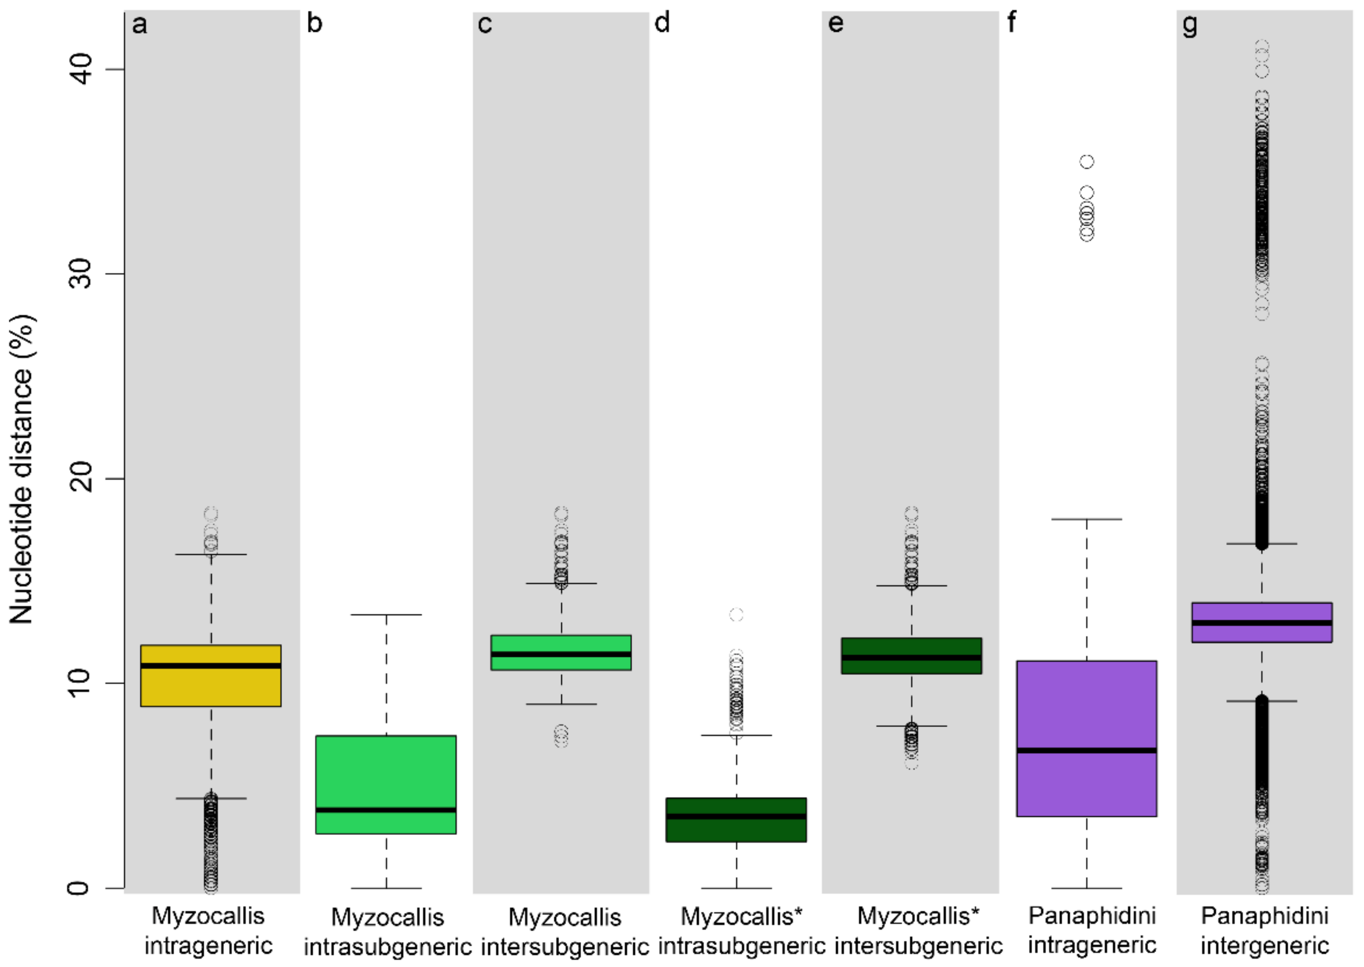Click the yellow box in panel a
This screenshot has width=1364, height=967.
coord(211,676)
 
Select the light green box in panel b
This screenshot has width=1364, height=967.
coord(386,784)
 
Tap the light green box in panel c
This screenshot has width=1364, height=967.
coord(561,653)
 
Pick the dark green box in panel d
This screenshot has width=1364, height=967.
coord(736,820)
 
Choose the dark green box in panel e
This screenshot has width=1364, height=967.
coord(911,655)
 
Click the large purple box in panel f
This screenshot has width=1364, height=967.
coord(1086,738)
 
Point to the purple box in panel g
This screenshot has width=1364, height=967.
coord(1262,622)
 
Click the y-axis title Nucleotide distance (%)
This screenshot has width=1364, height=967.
coord(22,470)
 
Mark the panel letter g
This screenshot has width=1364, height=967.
coord(1189,25)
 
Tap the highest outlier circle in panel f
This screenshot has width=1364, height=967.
coord(1087,161)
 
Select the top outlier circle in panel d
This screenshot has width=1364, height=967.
coord(736,615)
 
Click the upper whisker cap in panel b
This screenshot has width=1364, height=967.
coord(386,615)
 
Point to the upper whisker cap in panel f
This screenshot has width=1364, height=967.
coord(1086,519)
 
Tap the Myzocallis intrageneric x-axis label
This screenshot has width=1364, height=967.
coord(209,931)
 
